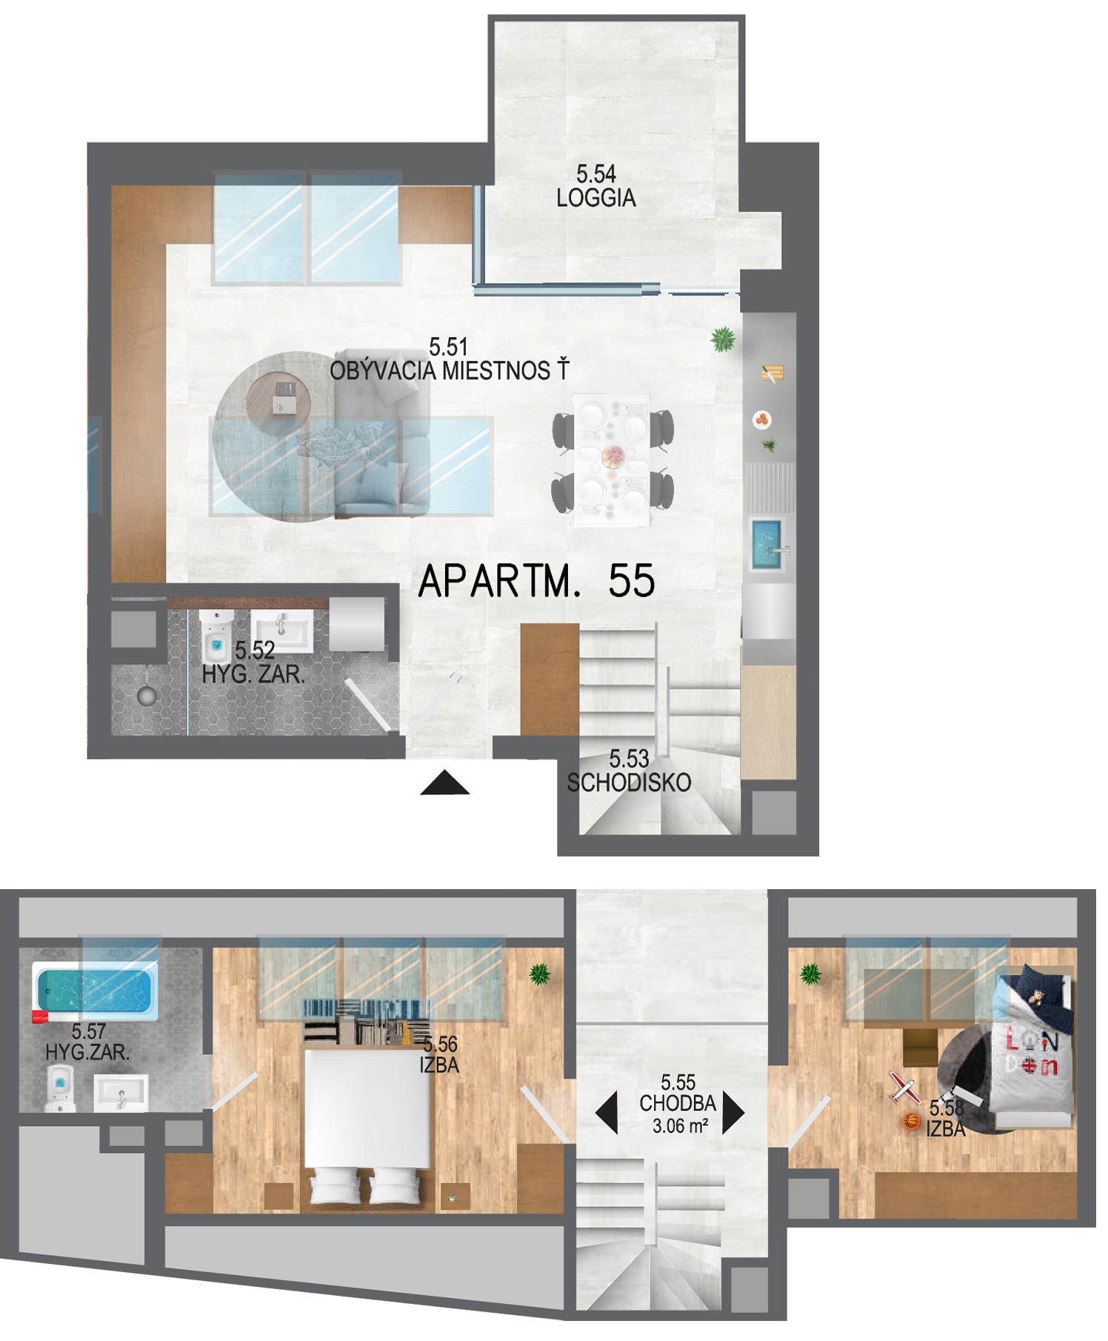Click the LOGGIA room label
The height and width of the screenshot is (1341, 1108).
pyautogui.click(x=595, y=198)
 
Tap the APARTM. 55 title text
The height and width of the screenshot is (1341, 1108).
pyautogui.click(x=537, y=581)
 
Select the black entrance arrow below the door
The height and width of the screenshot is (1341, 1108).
pyautogui.click(x=444, y=782)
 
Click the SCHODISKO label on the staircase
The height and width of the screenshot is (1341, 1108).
pyautogui.click(x=629, y=782)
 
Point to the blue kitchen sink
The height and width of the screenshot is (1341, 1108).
pyautogui.click(x=767, y=545)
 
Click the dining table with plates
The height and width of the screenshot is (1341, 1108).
pyautogui.click(x=613, y=460)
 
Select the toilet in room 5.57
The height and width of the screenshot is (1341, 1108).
pyautogui.click(x=60, y=1088)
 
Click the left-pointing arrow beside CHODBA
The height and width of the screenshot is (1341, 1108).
pyautogui.click(x=607, y=1112)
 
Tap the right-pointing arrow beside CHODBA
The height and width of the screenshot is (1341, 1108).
pyautogui.click(x=733, y=1112)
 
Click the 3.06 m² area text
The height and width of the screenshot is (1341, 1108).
pyautogui.click(x=680, y=1126)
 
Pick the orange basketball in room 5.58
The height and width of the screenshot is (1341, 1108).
pyautogui.click(x=912, y=1121)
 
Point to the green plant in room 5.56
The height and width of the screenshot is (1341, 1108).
pyautogui.click(x=540, y=974)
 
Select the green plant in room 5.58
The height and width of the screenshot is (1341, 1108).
pyautogui.click(x=811, y=974)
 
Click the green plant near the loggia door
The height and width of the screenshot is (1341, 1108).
pyautogui.click(x=723, y=339)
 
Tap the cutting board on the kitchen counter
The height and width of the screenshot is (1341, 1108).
pyautogui.click(x=772, y=373)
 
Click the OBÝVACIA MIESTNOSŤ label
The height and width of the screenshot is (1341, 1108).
pyautogui.click(x=449, y=370)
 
